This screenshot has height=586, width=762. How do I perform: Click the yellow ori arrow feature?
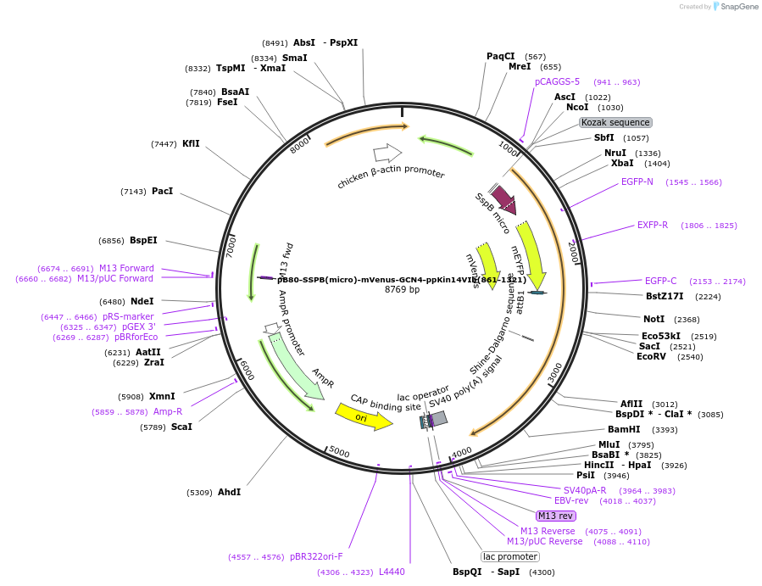click(x=363, y=416)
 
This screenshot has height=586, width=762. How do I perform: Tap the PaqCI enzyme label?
click(x=500, y=56)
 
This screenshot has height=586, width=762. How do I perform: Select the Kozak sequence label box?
click(x=615, y=122)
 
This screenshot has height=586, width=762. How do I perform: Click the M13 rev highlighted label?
click(x=556, y=516)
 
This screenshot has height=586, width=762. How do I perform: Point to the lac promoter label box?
click(x=510, y=556)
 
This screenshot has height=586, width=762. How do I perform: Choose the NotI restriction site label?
click(x=654, y=320)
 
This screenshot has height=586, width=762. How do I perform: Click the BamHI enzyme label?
click(x=624, y=429)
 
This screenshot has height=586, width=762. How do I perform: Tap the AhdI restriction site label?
click(x=229, y=492)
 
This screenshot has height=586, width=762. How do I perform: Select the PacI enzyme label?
click(x=162, y=192)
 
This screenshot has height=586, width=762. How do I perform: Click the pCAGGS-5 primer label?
click(x=557, y=81)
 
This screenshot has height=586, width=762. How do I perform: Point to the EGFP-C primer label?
click(x=660, y=281)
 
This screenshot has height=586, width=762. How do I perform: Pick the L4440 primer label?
click(x=392, y=572)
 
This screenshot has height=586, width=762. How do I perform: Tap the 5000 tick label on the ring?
click(x=339, y=452)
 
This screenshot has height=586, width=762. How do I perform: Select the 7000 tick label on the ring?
click(x=230, y=245)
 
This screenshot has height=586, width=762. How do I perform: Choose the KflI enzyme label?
click(x=191, y=143)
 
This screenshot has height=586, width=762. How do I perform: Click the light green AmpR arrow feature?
click(x=297, y=366)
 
